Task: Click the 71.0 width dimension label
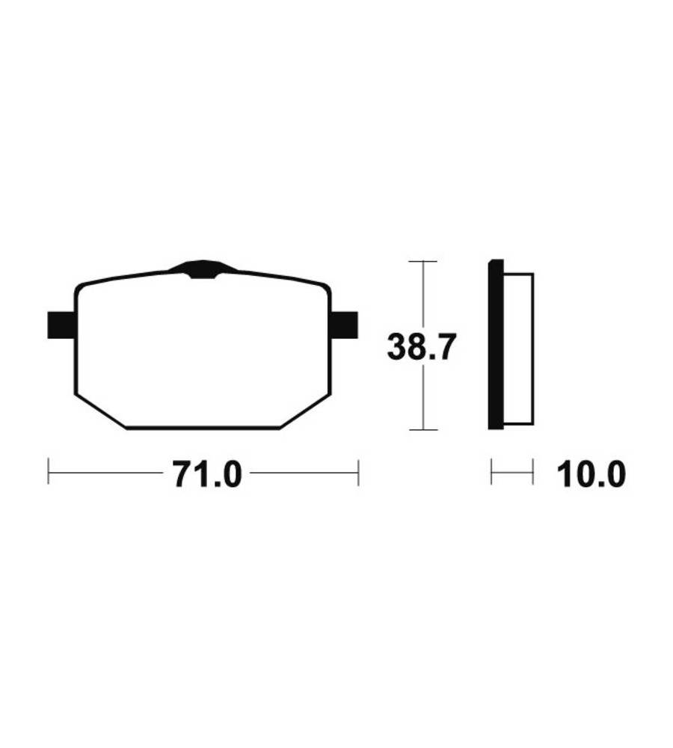[x=207, y=473]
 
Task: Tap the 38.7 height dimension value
[x=422, y=347]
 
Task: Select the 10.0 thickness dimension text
[x=591, y=474]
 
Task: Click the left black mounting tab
[x=61, y=325]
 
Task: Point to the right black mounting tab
[x=345, y=325]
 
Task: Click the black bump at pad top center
[x=203, y=269]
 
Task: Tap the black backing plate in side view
[x=496, y=344]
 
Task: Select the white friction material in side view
[x=518, y=349]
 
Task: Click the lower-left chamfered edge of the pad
[x=101, y=411]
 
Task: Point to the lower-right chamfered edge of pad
[x=305, y=411]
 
